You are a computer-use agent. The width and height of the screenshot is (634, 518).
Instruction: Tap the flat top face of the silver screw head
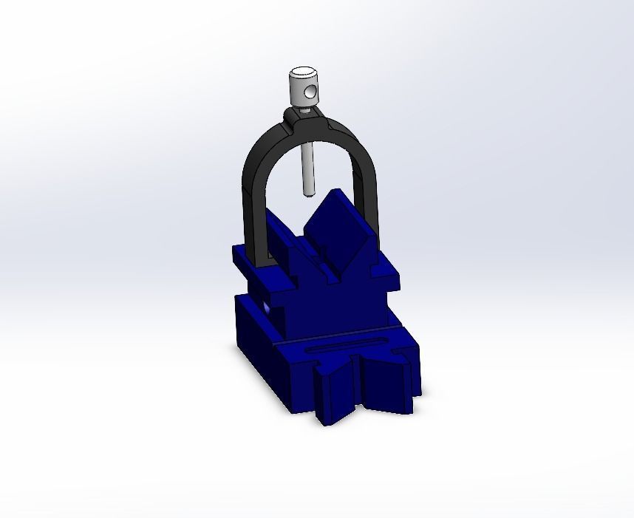coord(301,72)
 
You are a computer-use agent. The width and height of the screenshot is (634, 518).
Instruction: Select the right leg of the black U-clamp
coord(369,192)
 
